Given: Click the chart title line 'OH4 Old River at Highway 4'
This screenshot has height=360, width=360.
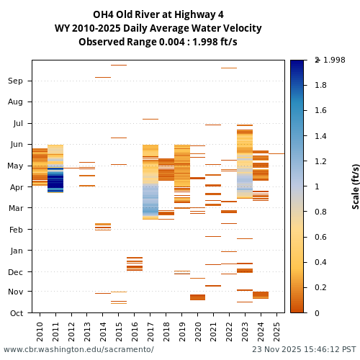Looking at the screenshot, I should pos(158,14).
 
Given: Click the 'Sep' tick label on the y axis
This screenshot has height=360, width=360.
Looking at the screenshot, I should pos(15,81).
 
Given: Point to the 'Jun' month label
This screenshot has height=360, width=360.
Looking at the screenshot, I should pos(15,144).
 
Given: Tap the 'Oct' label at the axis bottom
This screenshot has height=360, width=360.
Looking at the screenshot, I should pos(15,312).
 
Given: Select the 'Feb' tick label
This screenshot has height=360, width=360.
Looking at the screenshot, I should pos(15,229).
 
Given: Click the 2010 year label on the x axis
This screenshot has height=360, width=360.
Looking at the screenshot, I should pos(40,331).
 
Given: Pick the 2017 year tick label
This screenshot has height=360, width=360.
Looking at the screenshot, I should pos(150,331).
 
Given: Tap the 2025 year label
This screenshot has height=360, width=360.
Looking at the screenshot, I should pos(277,331).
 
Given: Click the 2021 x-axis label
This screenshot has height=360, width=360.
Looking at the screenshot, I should pos(214,331).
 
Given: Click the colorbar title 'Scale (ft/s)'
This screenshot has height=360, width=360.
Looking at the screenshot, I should pos(356,186).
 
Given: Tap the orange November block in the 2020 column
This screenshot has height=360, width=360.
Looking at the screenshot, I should pos(198,297).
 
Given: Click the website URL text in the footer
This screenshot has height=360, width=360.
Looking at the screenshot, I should pos(78,349).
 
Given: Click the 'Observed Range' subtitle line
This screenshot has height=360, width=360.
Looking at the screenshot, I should pos(158,42).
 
